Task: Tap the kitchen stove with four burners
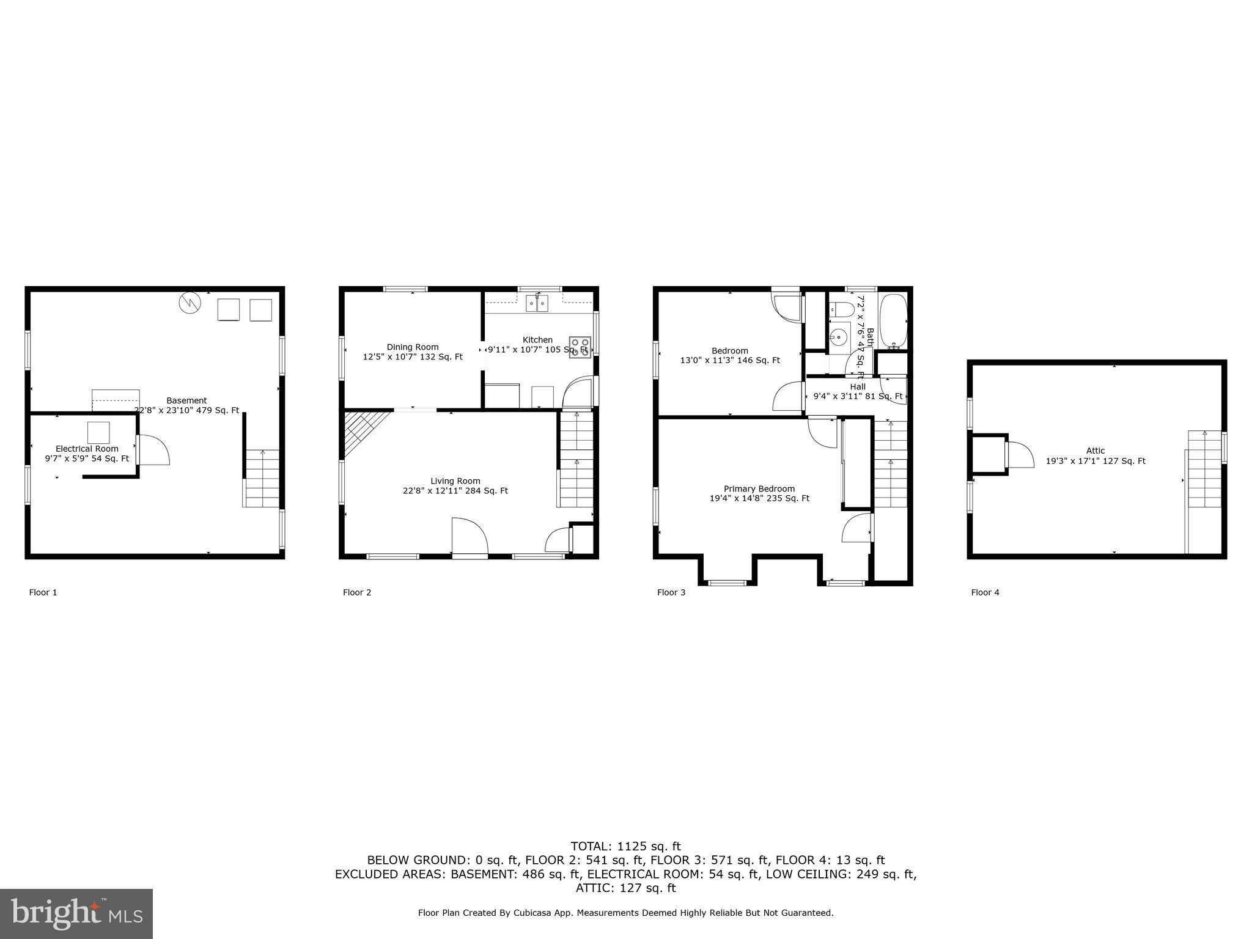(x=580, y=347)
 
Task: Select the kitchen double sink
(x=537, y=303)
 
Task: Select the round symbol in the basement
(x=190, y=303)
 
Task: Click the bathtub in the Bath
(x=893, y=322)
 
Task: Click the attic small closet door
(x=1018, y=455)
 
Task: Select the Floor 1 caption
(x=43, y=592)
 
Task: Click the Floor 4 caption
(x=985, y=592)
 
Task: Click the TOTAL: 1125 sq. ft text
(x=625, y=847)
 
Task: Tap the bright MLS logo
(x=76, y=913)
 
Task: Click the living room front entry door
(x=469, y=537)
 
